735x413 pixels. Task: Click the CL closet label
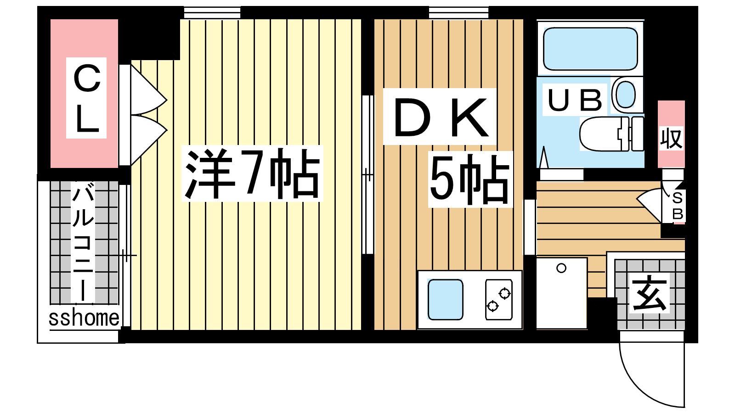[87, 98]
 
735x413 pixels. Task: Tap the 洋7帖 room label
[252, 173]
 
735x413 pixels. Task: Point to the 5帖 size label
[470, 179]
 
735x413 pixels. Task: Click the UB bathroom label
[575, 100]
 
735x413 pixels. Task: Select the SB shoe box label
[678, 206]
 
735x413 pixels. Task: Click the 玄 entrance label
[650, 293]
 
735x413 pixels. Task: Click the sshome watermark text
[84, 318]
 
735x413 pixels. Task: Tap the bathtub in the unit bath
[590, 49]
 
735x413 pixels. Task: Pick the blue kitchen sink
[445, 300]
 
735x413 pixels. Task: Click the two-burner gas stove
[499, 300]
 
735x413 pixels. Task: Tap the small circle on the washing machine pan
[561, 268]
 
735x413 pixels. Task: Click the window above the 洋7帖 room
[212, 13]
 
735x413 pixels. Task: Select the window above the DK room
[458, 13]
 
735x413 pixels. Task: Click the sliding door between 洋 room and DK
[368, 175]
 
